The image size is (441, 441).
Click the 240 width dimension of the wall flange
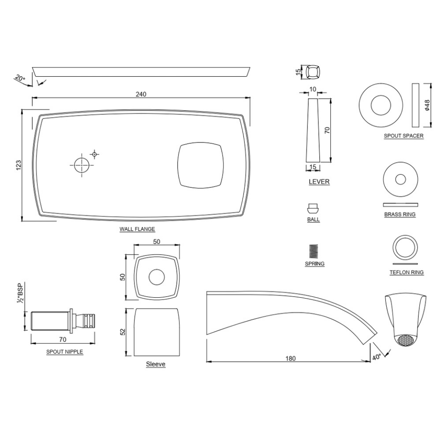point(141,94)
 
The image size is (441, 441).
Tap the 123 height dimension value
point(18,165)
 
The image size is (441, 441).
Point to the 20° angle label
point(19,79)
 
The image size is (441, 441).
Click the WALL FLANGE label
point(137,229)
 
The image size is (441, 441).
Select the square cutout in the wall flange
point(201,165)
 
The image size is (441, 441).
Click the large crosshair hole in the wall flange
point(81,164)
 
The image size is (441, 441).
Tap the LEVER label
point(319,181)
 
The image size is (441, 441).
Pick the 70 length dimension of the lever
point(327,130)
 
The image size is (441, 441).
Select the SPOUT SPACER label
point(404,136)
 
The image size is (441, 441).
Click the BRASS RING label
point(400,215)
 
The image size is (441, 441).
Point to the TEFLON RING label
point(406,272)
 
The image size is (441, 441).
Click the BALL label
point(313,220)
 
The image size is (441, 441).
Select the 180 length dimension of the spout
point(290,358)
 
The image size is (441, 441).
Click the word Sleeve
point(156,364)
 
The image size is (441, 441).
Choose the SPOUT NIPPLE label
point(64,352)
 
